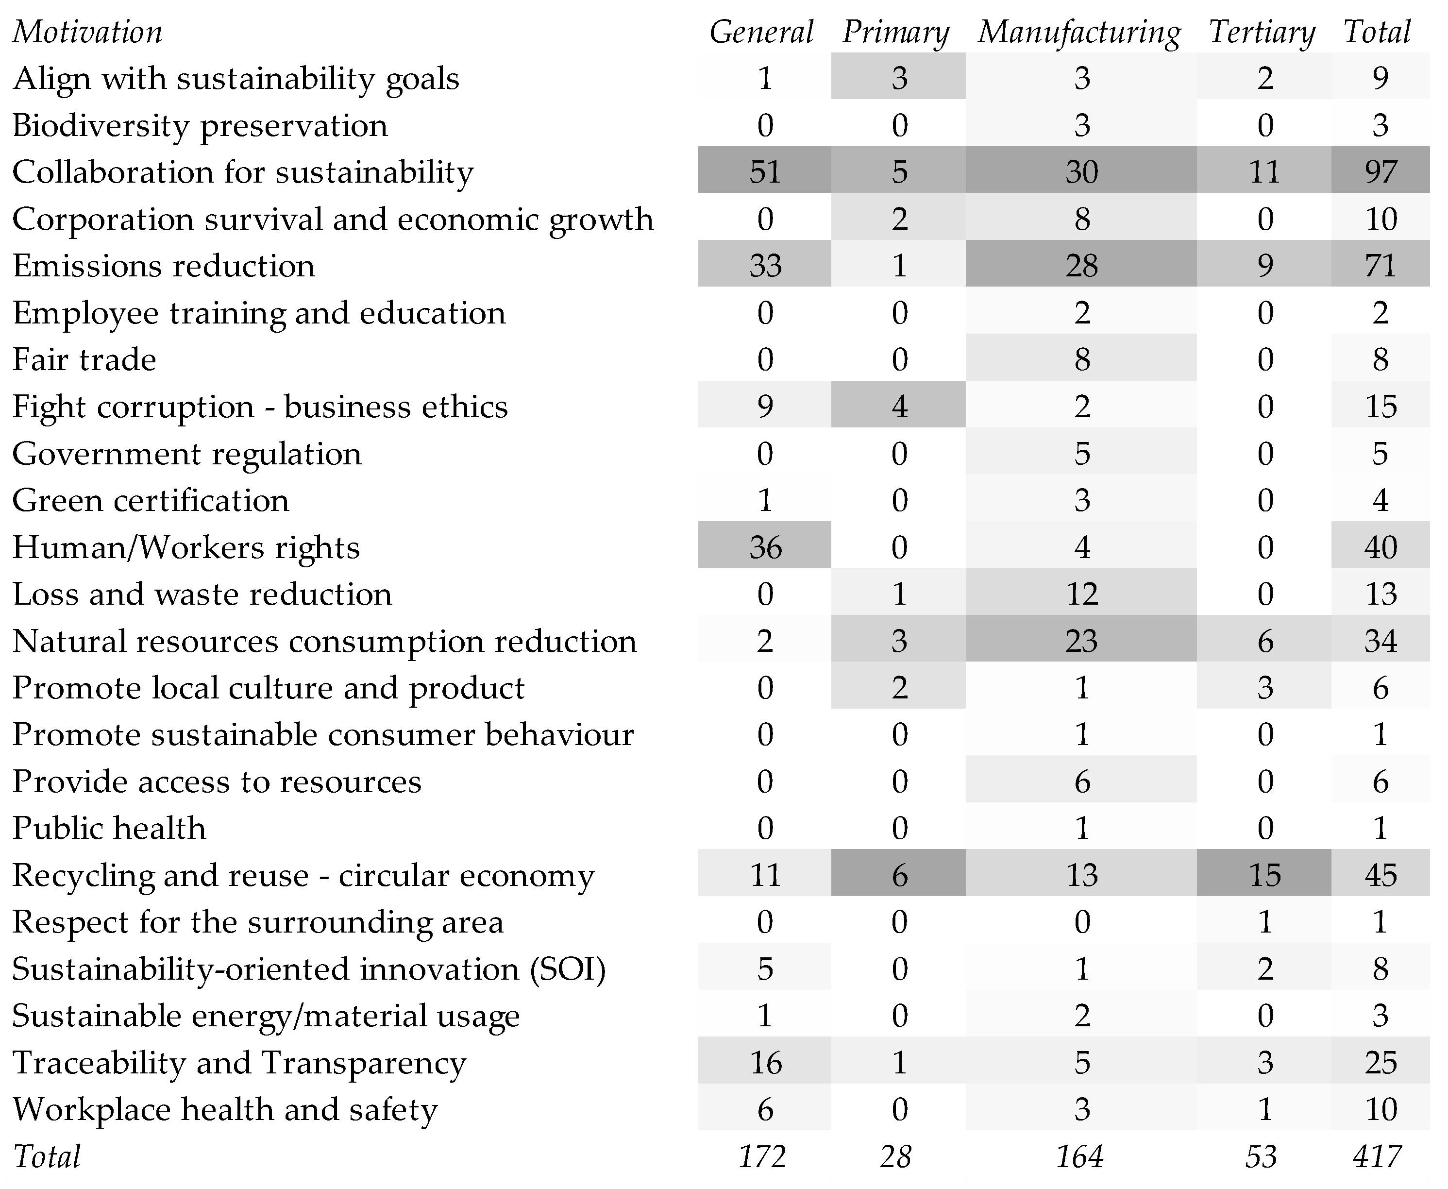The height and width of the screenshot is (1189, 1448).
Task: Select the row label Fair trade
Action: click(x=84, y=359)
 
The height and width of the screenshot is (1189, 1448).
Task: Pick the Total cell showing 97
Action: click(x=1380, y=171)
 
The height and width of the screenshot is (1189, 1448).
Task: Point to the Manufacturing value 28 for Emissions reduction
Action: click(x=1081, y=265)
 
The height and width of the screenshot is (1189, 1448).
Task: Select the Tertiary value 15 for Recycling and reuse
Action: click(x=1264, y=875)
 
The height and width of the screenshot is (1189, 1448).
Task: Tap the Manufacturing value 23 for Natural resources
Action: click(x=1081, y=640)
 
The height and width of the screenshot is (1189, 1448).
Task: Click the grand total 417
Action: click(x=1377, y=1156)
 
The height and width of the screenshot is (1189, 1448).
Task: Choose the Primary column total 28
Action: click(x=895, y=1156)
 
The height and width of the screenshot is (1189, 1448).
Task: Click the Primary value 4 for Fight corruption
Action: click(x=898, y=406)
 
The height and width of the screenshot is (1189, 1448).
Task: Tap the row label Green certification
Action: click(x=151, y=500)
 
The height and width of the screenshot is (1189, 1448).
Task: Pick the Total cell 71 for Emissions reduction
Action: click(x=1380, y=265)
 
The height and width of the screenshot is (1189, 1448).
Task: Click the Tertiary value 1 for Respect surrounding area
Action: click(x=1264, y=922)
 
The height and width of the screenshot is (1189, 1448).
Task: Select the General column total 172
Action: click(x=761, y=1156)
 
